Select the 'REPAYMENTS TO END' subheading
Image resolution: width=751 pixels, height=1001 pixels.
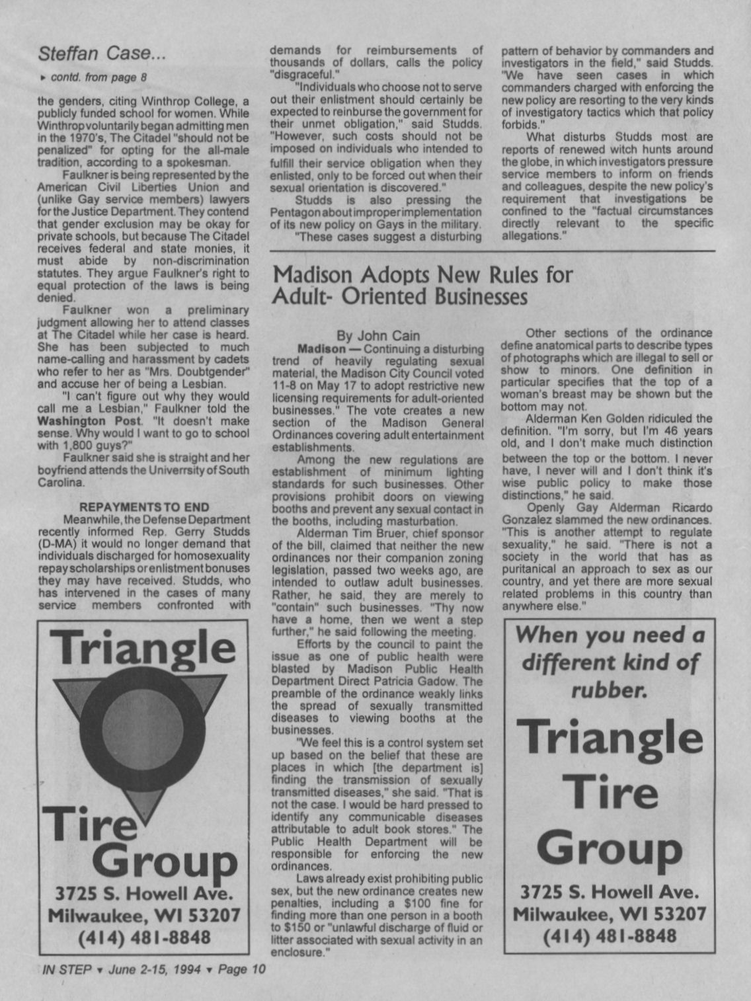coord(144,507)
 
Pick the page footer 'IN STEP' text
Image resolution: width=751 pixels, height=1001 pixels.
coord(66,970)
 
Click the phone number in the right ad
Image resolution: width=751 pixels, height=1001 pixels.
coord(609,936)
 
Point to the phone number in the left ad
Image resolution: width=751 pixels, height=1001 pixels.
coord(144,938)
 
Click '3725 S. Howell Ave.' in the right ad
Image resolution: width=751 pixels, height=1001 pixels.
coord(609,893)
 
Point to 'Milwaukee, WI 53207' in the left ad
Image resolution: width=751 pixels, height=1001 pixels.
coord(144,916)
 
